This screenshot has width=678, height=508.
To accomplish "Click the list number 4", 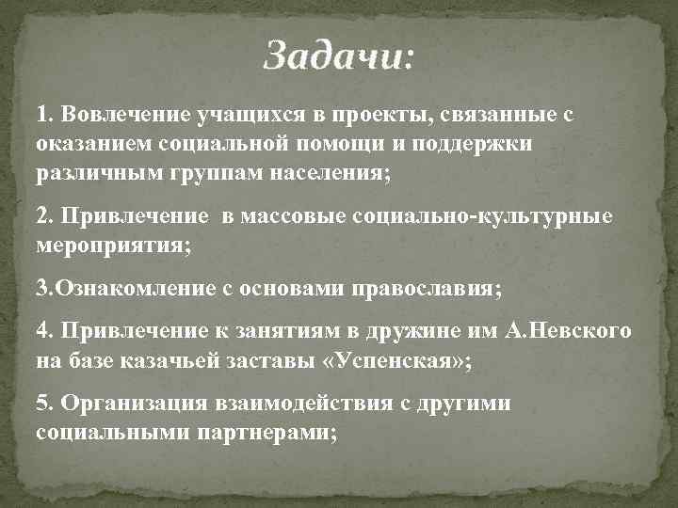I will tap(42, 331).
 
